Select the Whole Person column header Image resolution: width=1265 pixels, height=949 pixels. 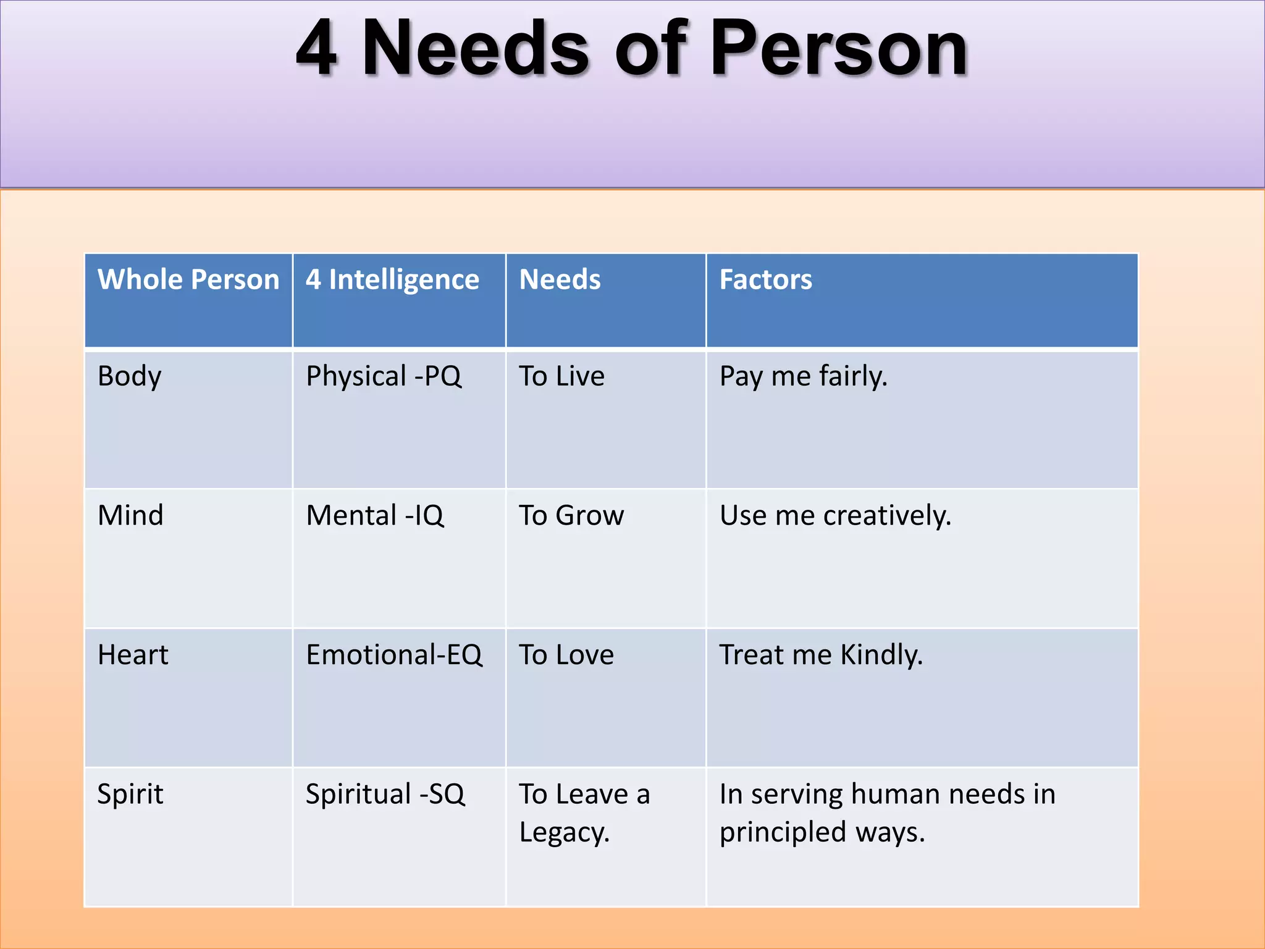188,279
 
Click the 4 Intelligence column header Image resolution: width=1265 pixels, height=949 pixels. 392,279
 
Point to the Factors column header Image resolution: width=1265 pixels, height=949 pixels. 765,279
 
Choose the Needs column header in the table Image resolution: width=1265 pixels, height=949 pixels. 560,279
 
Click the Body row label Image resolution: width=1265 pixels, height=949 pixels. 130,376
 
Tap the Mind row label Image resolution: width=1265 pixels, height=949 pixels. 130,515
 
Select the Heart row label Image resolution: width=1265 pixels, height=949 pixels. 133,655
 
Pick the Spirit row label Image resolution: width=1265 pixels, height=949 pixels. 130,795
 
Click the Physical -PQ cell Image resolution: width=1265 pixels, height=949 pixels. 384,376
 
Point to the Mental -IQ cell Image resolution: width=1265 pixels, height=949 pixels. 375,515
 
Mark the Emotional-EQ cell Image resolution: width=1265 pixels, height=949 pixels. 394,655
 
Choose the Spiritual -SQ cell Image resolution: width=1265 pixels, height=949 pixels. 385,795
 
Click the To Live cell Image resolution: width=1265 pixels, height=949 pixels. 561,376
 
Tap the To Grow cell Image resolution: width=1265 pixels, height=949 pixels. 571,515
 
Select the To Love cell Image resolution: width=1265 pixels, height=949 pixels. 566,655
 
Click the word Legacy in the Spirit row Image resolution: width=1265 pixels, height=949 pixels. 563,833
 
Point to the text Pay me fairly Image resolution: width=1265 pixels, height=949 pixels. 803,376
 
